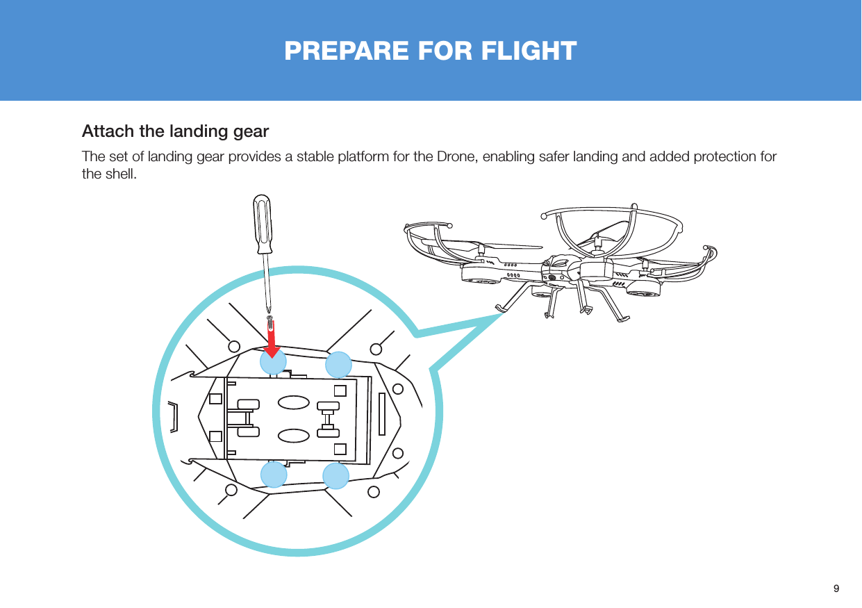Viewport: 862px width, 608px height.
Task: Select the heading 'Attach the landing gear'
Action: coord(175,131)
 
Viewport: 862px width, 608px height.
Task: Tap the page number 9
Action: coord(836,588)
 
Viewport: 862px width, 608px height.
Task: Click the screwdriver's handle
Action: coord(263,224)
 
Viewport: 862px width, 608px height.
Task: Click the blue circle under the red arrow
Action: coord(273,362)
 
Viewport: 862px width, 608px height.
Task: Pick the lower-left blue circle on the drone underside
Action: coord(274,475)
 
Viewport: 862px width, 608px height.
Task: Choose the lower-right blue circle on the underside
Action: coord(335,476)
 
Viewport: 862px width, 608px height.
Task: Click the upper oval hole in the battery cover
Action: coord(293,403)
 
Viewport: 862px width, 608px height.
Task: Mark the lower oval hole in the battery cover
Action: coord(293,435)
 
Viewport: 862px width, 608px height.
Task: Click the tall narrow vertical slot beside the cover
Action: coord(382,414)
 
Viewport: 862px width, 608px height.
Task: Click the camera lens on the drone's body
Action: coord(552,279)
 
